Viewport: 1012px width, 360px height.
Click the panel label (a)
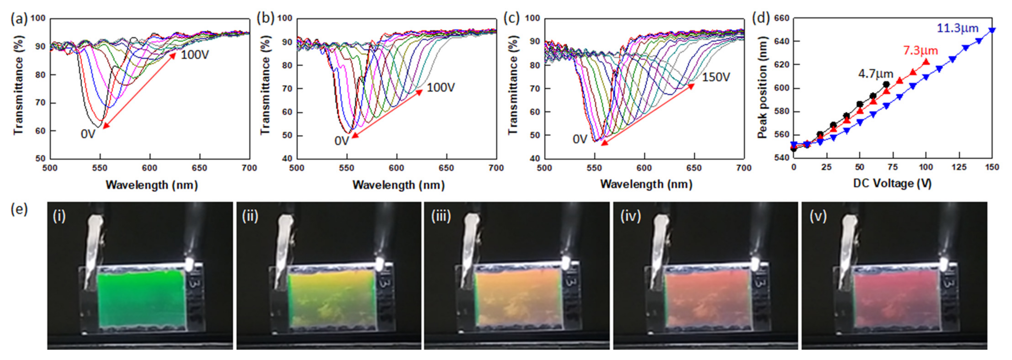coord(19,19)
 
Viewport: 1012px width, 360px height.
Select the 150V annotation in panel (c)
coord(716,77)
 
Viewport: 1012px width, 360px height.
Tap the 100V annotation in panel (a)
coord(195,55)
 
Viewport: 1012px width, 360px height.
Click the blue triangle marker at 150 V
coord(992,30)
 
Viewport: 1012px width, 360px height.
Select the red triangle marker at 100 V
coord(926,62)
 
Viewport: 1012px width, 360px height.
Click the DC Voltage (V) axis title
coord(892,184)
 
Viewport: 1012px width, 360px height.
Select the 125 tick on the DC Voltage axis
coord(959,168)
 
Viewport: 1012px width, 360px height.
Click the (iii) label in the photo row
coord(441,216)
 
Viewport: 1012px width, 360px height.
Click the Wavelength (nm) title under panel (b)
coord(398,185)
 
